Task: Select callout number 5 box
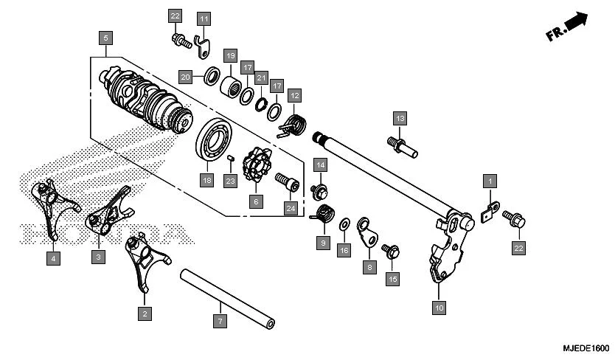click(x=105, y=37)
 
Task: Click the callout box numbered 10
click(x=439, y=307)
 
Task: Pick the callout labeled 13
click(x=399, y=118)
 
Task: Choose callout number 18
click(x=206, y=179)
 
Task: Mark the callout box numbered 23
click(x=230, y=181)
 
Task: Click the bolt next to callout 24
click(x=285, y=179)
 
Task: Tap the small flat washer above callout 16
click(x=344, y=224)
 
